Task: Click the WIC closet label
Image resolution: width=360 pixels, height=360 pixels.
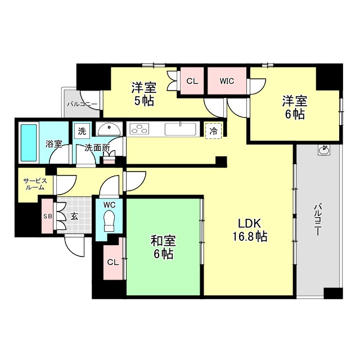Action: [x=227, y=81]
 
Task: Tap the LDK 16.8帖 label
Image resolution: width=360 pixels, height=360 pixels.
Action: [x=248, y=229]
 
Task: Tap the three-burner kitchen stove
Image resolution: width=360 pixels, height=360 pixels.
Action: [x=139, y=129]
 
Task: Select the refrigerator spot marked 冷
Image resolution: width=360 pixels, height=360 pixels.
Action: [x=214, y=130]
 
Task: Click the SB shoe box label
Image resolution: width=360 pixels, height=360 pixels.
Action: [x=47, y=216]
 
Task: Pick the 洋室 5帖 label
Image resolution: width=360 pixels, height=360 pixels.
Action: [x=143, y=94]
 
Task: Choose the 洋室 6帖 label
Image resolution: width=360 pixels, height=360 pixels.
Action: [x=294, y=107]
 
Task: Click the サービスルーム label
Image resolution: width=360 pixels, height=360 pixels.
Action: [x=34, y=184]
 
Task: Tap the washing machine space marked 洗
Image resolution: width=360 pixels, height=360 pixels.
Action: [x=82, y=130]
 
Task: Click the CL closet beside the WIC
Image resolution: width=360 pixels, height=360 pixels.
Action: [x=192, y=81]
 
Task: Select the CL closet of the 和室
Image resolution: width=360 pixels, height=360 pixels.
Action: [x=113, y=262]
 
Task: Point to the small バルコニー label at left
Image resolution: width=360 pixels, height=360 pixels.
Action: [x=82, y=104]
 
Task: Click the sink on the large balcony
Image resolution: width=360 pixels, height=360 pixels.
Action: [x=323, y=150]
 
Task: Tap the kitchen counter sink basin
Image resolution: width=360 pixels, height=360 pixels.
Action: [x=180, y=129]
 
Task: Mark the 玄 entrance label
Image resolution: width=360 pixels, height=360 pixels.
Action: [x=74, y=216]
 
